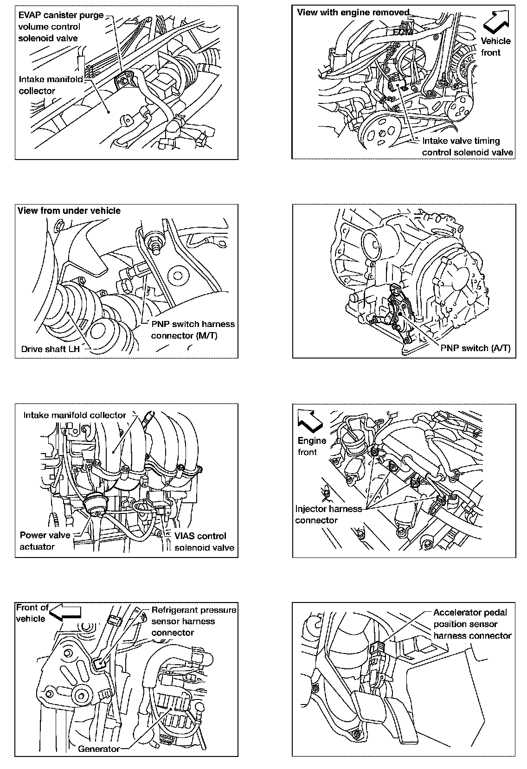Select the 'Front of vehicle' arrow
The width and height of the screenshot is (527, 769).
(x=65, y=612)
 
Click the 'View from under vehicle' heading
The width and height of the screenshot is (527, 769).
(x=69, y=211)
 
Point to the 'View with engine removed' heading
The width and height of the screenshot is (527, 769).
(x=353, y=13)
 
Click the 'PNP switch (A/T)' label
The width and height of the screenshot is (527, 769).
(x=475, y=348)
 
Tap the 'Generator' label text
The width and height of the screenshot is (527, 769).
(x=99, y=749)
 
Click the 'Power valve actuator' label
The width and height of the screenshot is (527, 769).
(x=45, y=541)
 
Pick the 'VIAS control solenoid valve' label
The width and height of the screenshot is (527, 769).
(x=204, y=542)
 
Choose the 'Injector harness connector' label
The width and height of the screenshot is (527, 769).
(x=328, y=514)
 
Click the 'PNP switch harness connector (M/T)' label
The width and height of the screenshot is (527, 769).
(x=193, y=329)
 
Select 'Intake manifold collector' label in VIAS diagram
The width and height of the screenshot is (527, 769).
(x=75, y=415)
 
